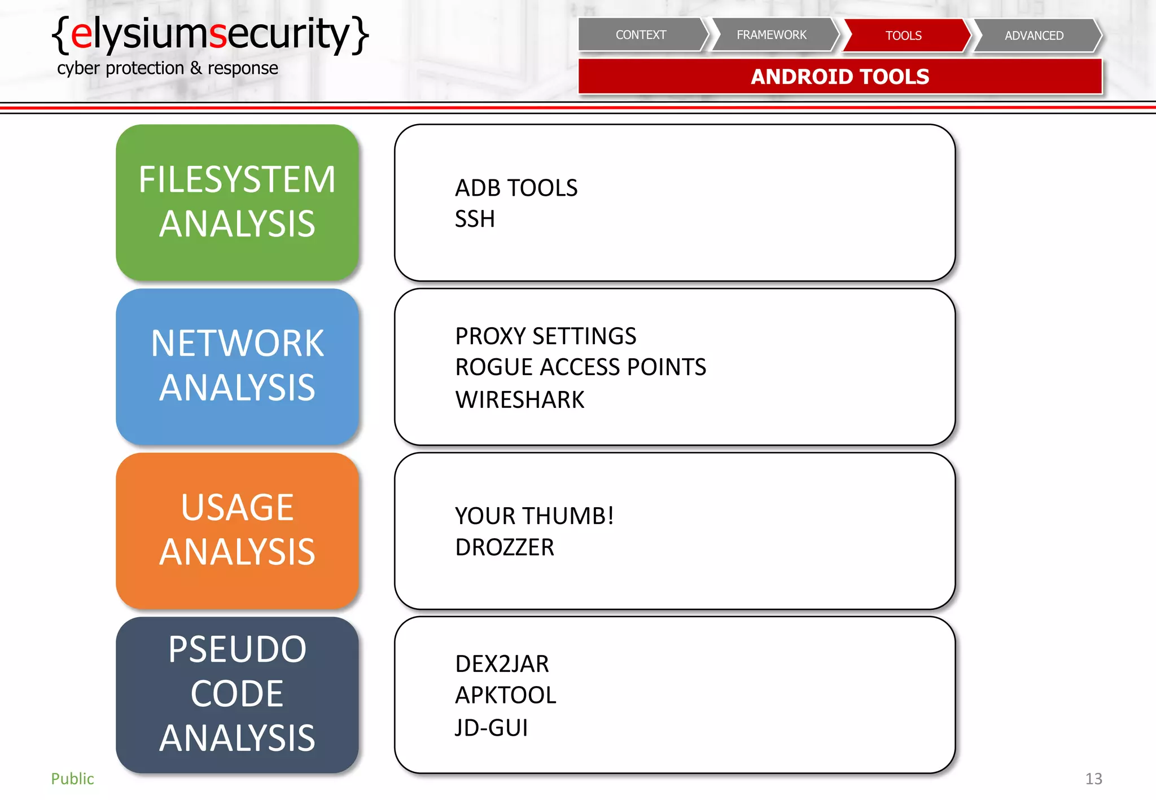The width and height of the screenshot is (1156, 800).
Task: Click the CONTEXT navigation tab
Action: tap(641, 35)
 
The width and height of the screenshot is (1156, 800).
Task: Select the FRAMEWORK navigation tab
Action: tap(772, 35)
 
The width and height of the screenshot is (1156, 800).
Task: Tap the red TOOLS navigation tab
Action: tap(903, 36)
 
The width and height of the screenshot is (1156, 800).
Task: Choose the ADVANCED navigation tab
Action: tap(1034, 36)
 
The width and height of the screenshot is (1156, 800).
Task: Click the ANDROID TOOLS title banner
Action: tap(840, 77)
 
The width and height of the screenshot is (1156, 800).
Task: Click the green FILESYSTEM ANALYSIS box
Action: tap(237, 202)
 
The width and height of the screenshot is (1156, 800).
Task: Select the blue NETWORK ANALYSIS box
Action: tap(237, 366)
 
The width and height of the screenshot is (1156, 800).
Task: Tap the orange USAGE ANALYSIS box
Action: tap(237, 530)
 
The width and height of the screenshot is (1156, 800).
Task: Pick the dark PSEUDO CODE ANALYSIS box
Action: tap(237, 694)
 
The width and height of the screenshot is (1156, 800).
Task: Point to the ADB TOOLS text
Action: tap(516, 188)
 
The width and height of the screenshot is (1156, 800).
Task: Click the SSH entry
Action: tap(475, 219)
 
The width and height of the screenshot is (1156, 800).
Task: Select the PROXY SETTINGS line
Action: tap(545, 336)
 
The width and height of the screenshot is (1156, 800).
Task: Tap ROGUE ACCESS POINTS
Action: tap(580, 367)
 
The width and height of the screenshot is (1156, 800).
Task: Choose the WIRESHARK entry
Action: tap(519, 399)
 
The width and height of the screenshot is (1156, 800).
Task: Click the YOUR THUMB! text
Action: tap(534, 516)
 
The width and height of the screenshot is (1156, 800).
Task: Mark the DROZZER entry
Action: tap(505, 547)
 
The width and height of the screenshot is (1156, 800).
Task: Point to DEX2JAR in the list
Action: tap(502, 664)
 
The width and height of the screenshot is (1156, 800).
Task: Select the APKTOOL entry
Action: tap(506, 695)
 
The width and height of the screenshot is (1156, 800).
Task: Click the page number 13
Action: tap(1093, 779)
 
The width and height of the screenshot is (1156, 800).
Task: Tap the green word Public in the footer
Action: tap(72, 779)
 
